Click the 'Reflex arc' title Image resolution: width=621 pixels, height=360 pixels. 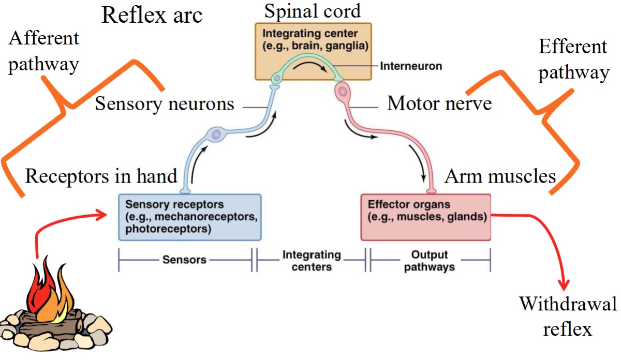[152, 16]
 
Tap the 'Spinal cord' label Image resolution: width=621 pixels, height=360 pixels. [313, 10]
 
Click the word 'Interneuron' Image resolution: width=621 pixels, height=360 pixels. [411, 66]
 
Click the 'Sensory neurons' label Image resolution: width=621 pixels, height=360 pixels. [165, 104]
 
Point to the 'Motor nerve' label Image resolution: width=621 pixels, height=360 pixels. [439, 104]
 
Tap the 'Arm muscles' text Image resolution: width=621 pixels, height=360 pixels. [500, 177]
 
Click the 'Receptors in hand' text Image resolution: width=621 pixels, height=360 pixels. [101, 176]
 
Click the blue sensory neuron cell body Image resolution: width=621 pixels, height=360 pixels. [216, 135]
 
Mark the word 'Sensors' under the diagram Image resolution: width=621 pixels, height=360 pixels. [184, 259]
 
